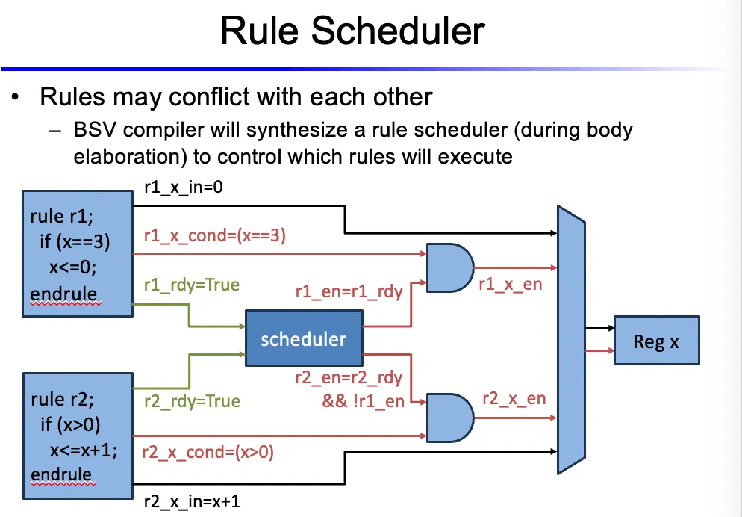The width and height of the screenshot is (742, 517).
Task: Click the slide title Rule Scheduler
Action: tap(353, 33)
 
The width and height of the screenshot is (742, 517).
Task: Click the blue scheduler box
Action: tap(303, 340)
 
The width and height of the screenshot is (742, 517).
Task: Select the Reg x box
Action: tap(656, 341)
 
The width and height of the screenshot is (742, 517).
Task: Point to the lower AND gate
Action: tap(449, 417)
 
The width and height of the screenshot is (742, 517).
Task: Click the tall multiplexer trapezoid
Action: tap(571, 340)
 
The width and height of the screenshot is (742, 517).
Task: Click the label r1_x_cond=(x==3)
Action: tap(215, 237)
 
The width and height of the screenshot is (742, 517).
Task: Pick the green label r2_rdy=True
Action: tap(192, 401)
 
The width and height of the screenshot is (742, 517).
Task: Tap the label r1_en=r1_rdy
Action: tap(349, 291)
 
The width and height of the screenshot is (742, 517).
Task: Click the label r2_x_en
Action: tap(514, 397)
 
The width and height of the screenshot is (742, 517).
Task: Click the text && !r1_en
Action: tap(364, 402)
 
